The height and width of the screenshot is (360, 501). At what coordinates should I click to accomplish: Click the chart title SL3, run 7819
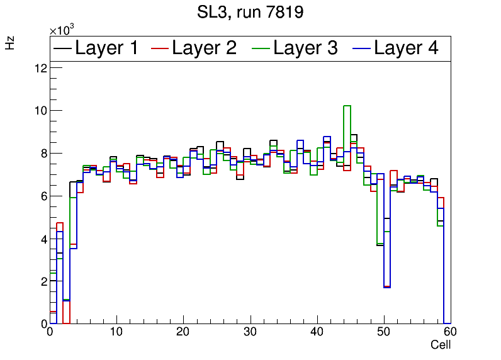(x=250, y=12)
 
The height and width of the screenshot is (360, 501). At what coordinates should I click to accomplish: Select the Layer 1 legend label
(x=106, y=48)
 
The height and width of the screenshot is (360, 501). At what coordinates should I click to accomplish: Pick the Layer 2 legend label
(x=204, y=48)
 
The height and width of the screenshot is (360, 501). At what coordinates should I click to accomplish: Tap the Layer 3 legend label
(x=305, y=48)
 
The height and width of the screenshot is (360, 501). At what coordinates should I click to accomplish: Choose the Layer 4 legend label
(x=406, y=48)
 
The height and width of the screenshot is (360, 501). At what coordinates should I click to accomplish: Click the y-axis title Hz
(x=10, y=43)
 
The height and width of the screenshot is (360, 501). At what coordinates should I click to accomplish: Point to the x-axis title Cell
(x=441, y=345)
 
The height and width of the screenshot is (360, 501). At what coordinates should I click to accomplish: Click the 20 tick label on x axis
(x=183, y=332)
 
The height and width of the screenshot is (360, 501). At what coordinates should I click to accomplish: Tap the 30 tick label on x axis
(x=250, y=332)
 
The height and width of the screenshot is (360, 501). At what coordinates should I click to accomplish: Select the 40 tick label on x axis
(x=317, y=332)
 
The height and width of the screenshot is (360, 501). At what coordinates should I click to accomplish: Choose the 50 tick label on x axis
(x=383, y=332)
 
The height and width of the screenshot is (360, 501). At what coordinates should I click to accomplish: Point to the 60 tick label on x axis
(x=449, y=332)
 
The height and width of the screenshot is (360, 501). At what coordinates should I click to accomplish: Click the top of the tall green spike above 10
(x=347, y=106)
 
